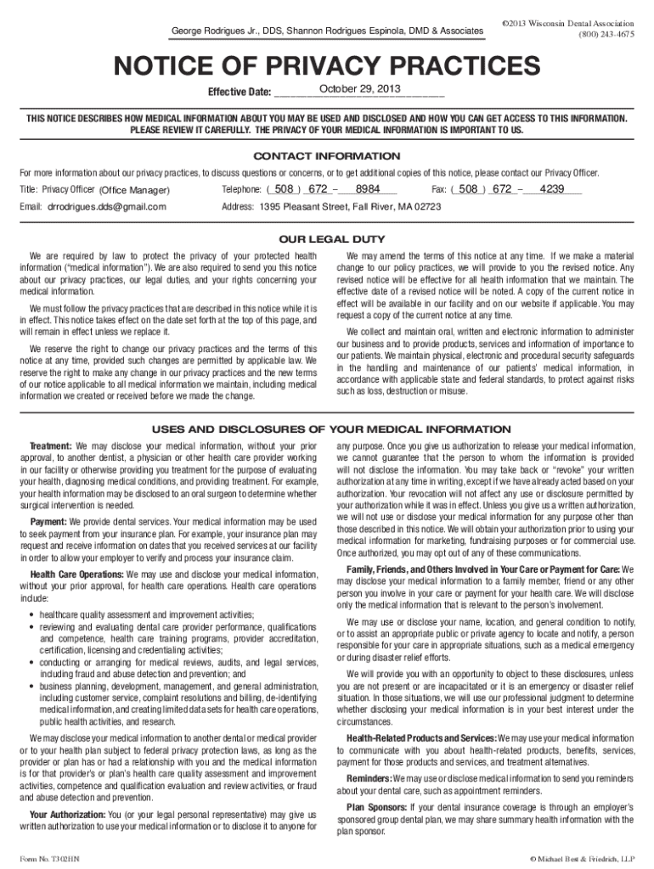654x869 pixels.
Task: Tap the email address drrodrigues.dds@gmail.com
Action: tap(106, 206)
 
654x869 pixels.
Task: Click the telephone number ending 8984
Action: tap(368, 189)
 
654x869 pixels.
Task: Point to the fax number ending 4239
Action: tap(552, 189)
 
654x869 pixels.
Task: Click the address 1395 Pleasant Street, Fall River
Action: tap(351, 206)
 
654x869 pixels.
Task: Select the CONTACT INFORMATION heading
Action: tap(327, 157)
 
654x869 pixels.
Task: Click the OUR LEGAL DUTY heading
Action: tap(327, 238)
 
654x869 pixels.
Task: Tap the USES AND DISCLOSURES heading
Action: tap(327, 429)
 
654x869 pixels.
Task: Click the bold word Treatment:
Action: tap(51, 446)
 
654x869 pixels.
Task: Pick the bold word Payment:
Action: tap(49, 521)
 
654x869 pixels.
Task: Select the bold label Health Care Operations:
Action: tap(76, 575)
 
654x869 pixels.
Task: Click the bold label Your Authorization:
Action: tap(67, 815)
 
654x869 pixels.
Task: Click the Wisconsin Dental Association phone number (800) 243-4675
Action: tap(606, 35)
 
